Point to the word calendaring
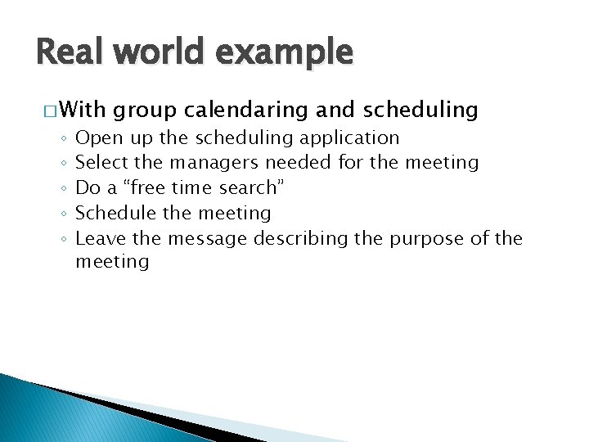[256, 110]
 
